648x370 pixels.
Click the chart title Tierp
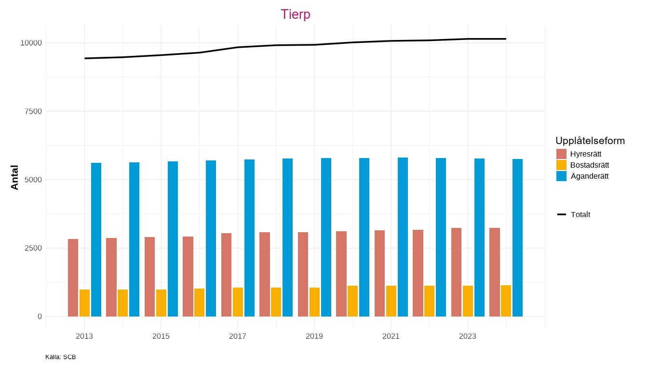tap(295, 14)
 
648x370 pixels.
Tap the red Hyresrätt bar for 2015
tap(149, 277)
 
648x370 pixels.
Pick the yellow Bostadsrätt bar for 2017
tap(238, 302)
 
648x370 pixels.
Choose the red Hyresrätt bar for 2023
tap(456, 272)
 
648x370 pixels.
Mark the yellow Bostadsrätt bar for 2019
tap(314, 302)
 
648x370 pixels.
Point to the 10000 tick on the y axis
tap(31, 43)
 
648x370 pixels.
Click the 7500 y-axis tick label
tap(33, 111)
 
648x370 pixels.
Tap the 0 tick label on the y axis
tap(40, 317)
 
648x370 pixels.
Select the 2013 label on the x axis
tap(84, 336)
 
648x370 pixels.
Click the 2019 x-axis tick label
tap(314, 336)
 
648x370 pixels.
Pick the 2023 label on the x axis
tap(468, 336)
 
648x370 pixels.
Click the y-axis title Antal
tap(14, 177)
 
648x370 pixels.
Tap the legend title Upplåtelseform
tap(590, 141)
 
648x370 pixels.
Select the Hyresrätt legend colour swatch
tap(561, 154)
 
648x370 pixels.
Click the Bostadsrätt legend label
tap(590, 165)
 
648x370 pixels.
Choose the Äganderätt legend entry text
tap(589, 176)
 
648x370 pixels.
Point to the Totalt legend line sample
tap(562, 214)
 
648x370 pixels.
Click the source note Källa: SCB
tap(61, 357)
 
